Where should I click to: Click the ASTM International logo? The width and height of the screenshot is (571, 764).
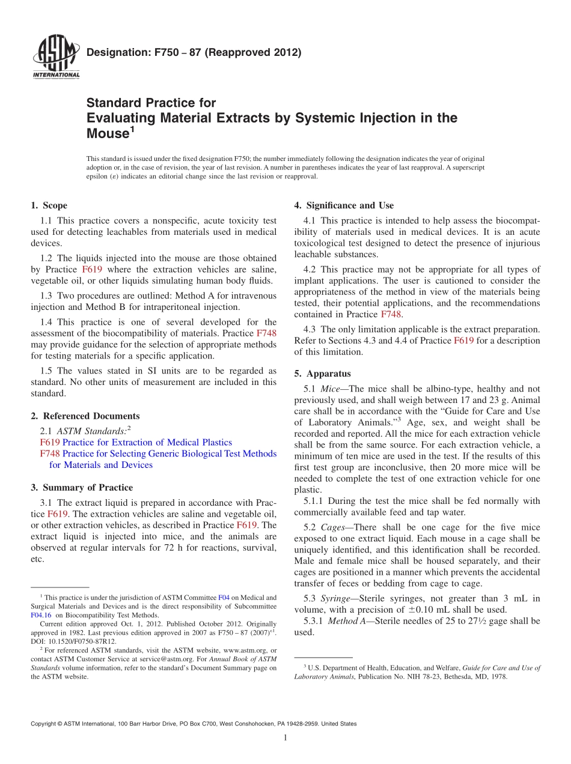pos(55,58)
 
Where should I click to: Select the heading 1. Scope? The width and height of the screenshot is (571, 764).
pos(49,205)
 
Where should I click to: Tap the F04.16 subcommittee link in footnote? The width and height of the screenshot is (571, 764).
pos(41,615)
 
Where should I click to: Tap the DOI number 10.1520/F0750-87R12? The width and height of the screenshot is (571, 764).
pos(81,641)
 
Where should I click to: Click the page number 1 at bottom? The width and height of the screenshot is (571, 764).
pos(285,738)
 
